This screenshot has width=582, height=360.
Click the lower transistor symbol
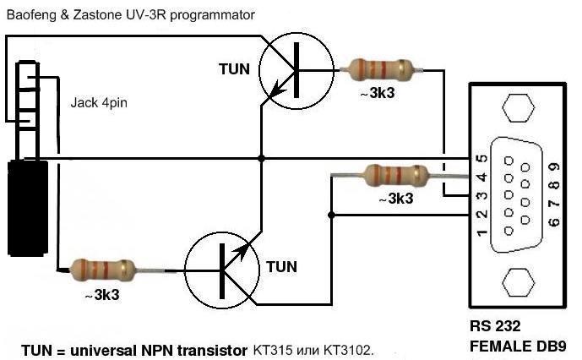[221, 271]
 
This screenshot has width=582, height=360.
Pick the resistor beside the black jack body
[104, 270]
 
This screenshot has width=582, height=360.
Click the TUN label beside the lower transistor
[281, 266]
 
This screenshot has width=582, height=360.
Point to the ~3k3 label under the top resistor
[377, 95]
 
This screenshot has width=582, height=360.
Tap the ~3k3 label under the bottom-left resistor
[101, 296]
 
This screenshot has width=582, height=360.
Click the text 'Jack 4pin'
[100, 105]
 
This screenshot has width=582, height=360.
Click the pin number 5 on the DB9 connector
[481, 159]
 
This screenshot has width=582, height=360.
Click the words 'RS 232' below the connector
[495, 326]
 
